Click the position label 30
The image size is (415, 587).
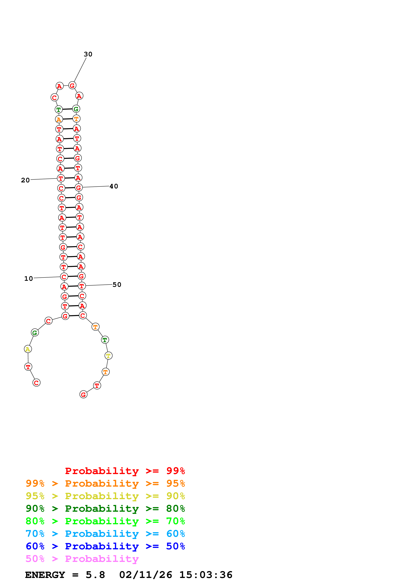88,54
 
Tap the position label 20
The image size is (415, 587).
25,180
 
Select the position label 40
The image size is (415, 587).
114,186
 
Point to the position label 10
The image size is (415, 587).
29,279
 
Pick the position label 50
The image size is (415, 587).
117,285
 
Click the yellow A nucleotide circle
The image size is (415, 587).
28,349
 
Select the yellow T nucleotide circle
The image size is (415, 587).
108,356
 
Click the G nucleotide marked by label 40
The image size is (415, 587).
79,188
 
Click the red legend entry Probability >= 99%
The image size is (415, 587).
125,471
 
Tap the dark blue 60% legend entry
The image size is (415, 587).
105,546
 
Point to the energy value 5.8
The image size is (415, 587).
95,575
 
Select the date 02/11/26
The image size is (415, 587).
145,575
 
